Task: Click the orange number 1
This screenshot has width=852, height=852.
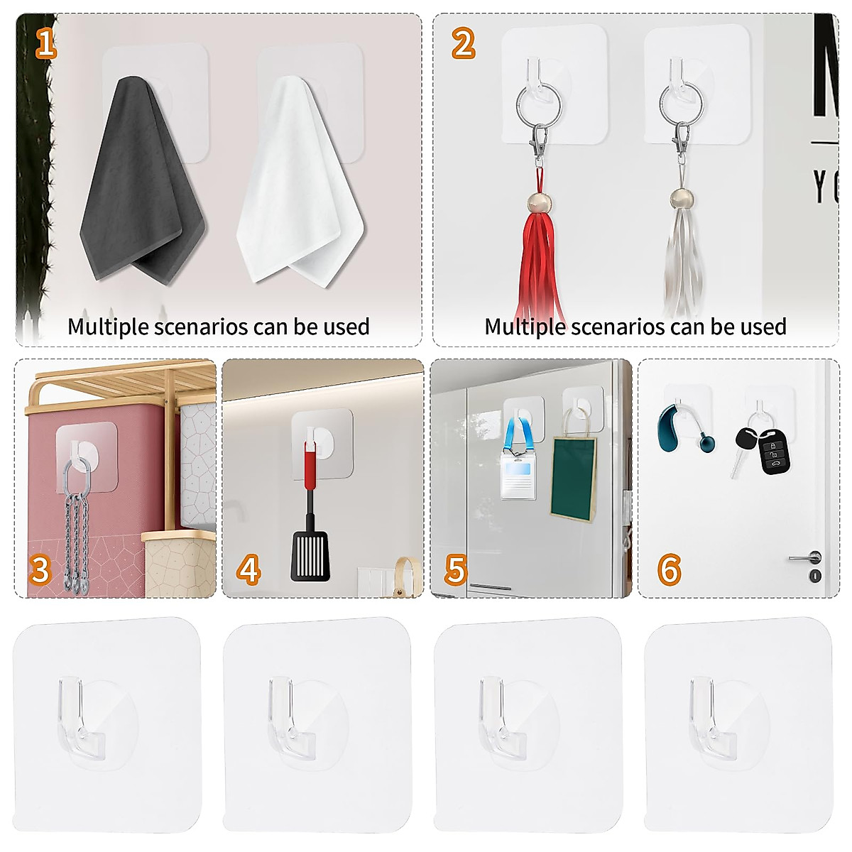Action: click(45, 44)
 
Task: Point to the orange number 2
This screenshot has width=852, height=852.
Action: click(463, 44)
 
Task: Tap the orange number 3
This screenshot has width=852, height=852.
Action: click(40, 570)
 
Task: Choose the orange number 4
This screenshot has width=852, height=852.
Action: click(248, 570)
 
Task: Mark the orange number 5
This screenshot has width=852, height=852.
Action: click(455, 570)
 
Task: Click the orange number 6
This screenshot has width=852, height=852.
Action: click(669, 570)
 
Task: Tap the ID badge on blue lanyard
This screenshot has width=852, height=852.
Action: click(517, 476)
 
